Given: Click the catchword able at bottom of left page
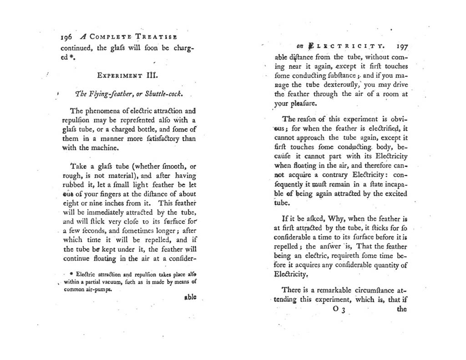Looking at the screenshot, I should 190,297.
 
